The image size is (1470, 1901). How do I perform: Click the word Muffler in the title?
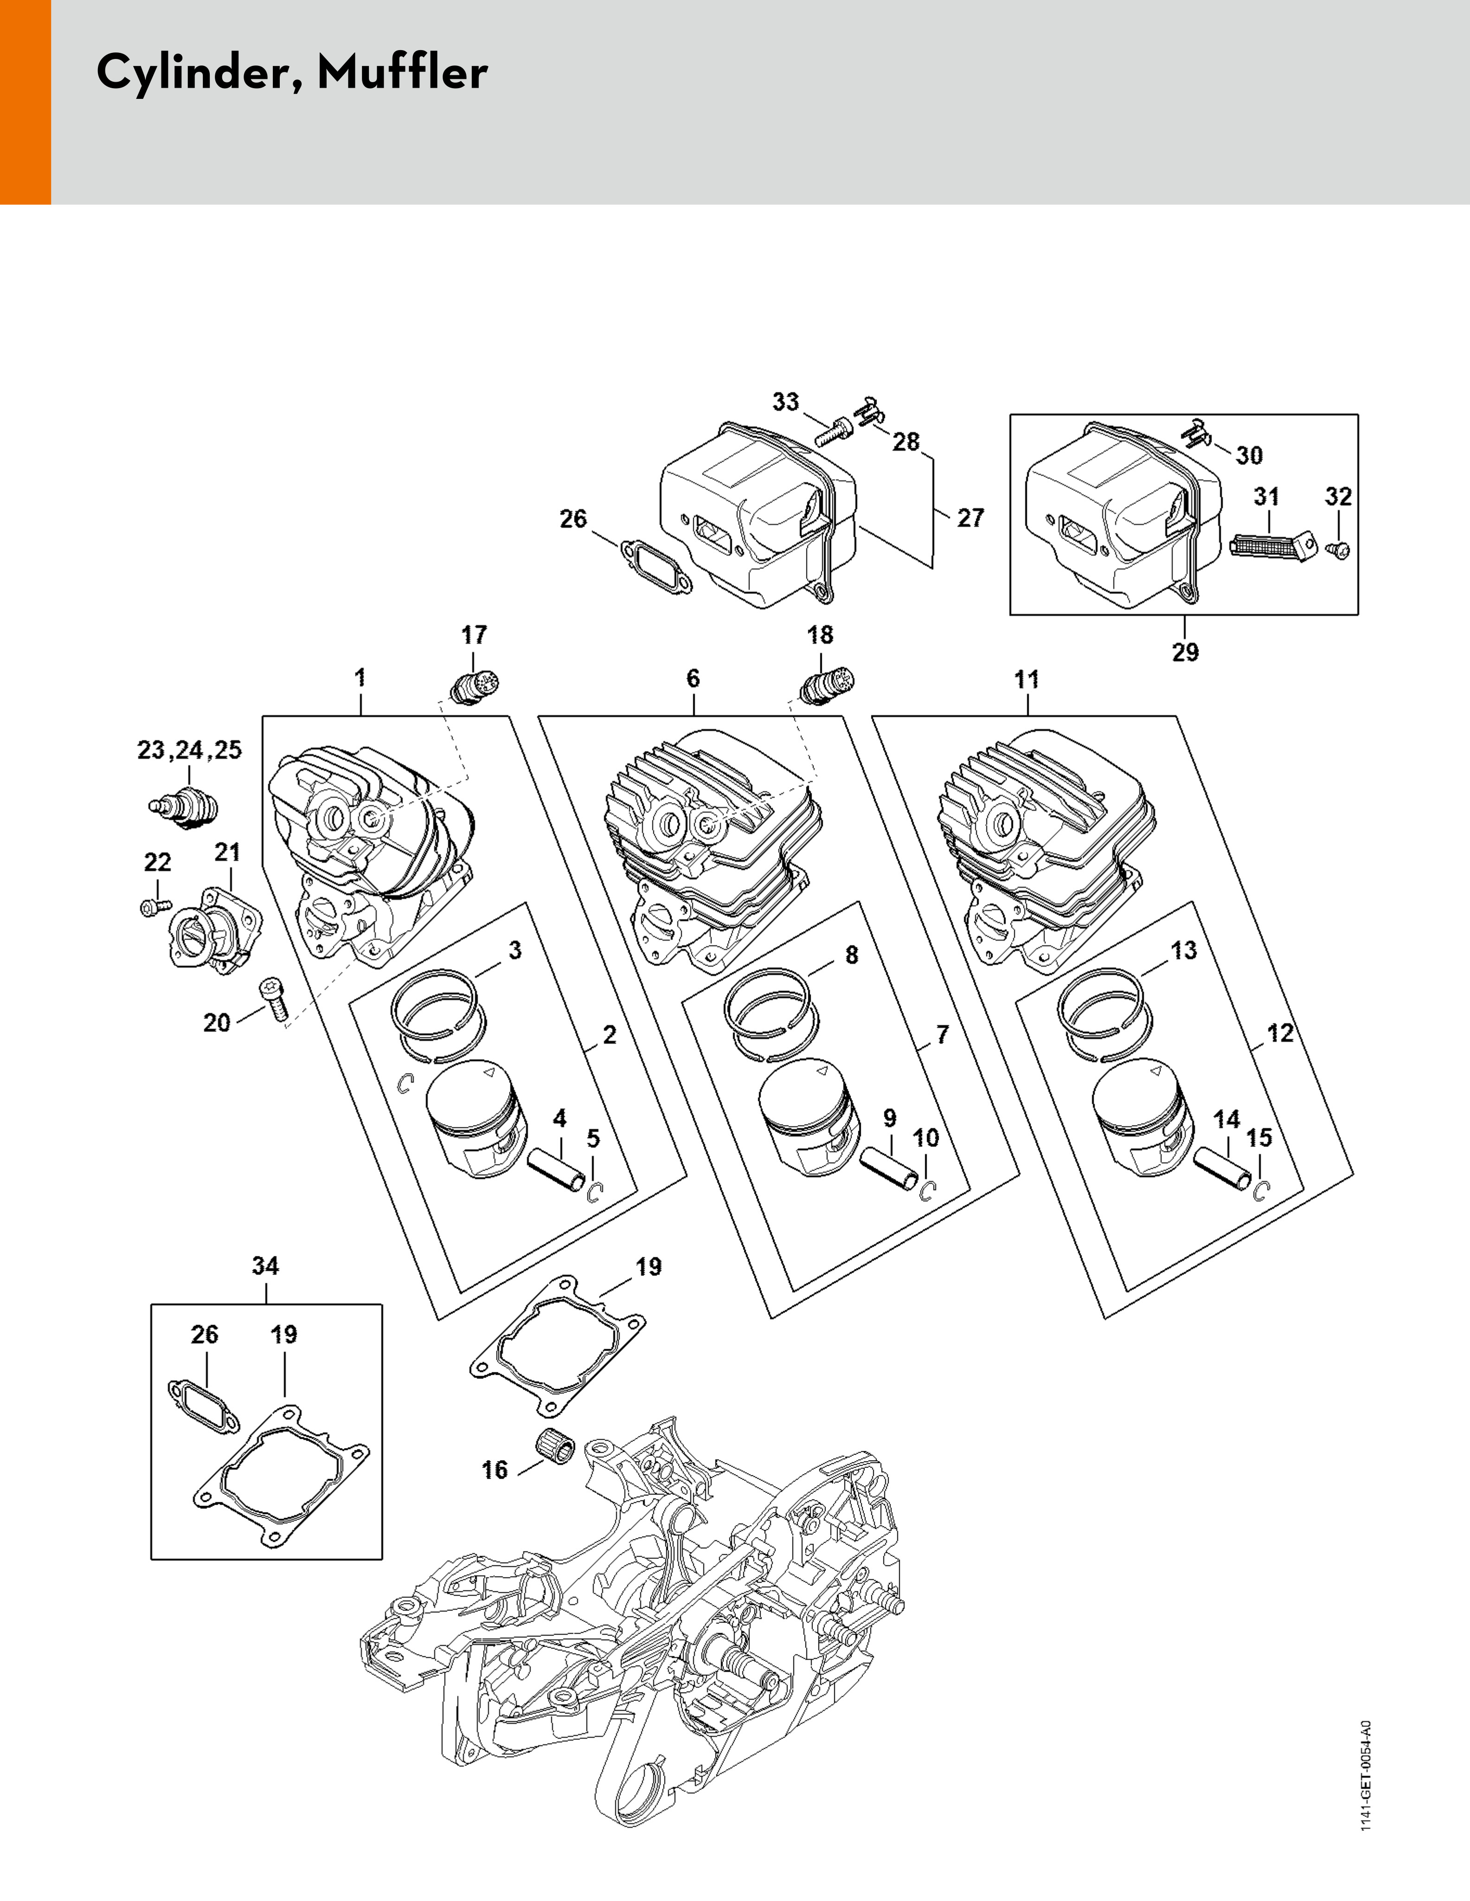[x=402, y=72]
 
